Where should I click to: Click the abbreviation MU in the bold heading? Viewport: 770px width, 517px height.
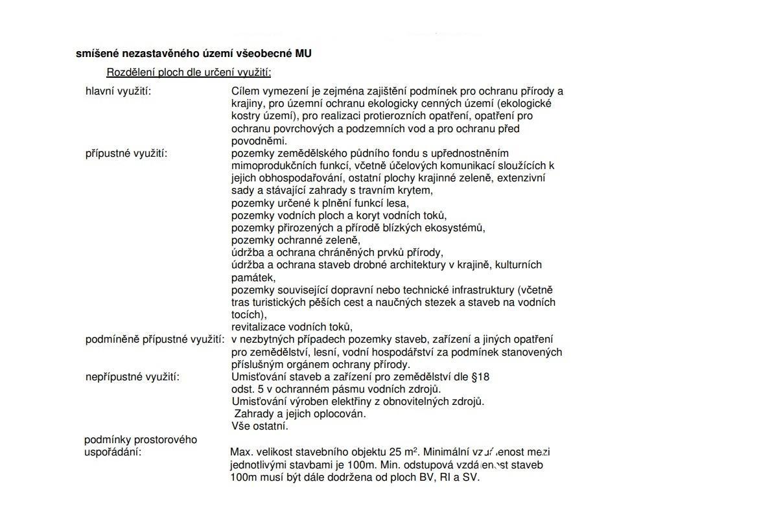(303, 54)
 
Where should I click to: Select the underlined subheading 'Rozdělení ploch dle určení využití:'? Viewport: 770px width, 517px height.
(189, 73)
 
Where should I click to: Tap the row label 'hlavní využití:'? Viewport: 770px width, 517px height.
(118, 91)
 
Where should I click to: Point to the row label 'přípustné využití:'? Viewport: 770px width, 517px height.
(126, 154)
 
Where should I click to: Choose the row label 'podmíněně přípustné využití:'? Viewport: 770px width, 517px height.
(155, 339)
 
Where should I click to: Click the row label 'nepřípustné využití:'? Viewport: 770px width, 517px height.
(132, 377)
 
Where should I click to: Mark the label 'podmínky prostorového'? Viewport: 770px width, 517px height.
(141, 440)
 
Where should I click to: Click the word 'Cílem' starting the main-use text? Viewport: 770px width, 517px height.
(244, 91)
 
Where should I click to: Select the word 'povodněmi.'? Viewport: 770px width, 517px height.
(259, 141)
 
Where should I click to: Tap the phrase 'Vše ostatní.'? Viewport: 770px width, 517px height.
(260, 426)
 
